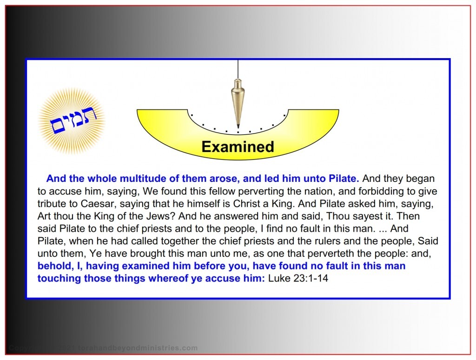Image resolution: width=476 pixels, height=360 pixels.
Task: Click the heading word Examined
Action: click(238, 147)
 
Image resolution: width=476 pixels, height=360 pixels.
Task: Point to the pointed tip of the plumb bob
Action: click(238, 127)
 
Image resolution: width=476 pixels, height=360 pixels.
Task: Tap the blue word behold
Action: click(53, 267)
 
